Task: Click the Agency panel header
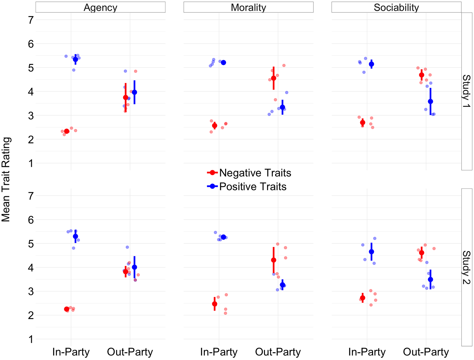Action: click(x=100, y=7)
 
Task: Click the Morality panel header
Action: click(x=248, y=7)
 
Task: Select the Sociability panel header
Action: click(x=396, y=7)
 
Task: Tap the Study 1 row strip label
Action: click(x=467, y=91)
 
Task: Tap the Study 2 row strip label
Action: click(x=467, y=267)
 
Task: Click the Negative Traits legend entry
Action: click(x=249, y=173)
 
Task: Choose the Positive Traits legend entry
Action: click(x=247, y=187)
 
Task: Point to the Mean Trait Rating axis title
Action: click(x=6, y=180)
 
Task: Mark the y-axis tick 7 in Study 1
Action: click(x=31, y=20)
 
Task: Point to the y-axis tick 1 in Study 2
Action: click(x=31, y=339)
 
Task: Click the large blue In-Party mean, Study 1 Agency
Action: click(x=75, y=59)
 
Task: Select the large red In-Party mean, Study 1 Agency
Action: click(x=67, y=131)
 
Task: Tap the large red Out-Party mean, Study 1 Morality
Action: click(x=274, y=78)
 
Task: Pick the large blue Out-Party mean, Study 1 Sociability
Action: click(x=430, y=101)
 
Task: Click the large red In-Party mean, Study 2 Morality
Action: click(x=215, y=304)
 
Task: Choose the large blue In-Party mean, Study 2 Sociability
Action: click(x=371, y=252)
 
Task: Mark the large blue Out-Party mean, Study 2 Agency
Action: click(x=134, y=267)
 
